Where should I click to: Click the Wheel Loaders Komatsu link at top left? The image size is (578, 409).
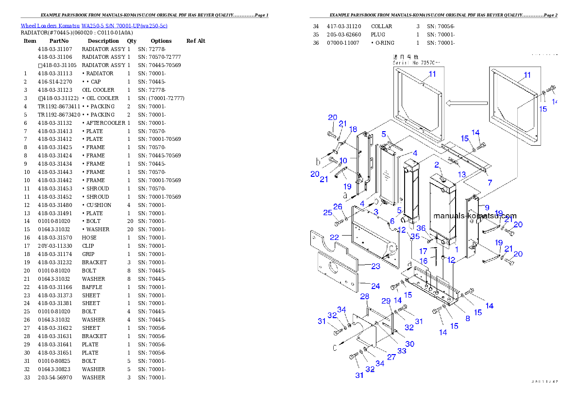coord(94,26)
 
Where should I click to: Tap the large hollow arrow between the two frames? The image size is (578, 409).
coord(467,103)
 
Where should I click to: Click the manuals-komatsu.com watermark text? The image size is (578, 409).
coord(475,216)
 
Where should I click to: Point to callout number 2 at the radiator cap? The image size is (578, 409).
coord(437,165)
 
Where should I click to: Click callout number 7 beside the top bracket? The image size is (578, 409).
coord(490,182)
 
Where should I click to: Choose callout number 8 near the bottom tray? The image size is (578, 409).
coord(467,319)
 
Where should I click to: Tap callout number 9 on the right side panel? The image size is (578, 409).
coord(487,207)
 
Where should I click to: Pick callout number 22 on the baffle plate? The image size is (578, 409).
coord(334,237)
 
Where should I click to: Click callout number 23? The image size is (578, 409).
coord(375,266)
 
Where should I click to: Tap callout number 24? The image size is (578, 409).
coord(375,286)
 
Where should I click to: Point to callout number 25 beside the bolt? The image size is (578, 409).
coord(328,213)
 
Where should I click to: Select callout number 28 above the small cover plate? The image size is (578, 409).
coord(364,296)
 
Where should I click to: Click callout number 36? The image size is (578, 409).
coord(421,228)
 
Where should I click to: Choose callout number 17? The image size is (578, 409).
coord(423,251)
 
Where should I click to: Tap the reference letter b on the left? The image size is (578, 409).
coord(319,161)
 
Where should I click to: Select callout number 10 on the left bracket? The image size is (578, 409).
coord(343,160)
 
